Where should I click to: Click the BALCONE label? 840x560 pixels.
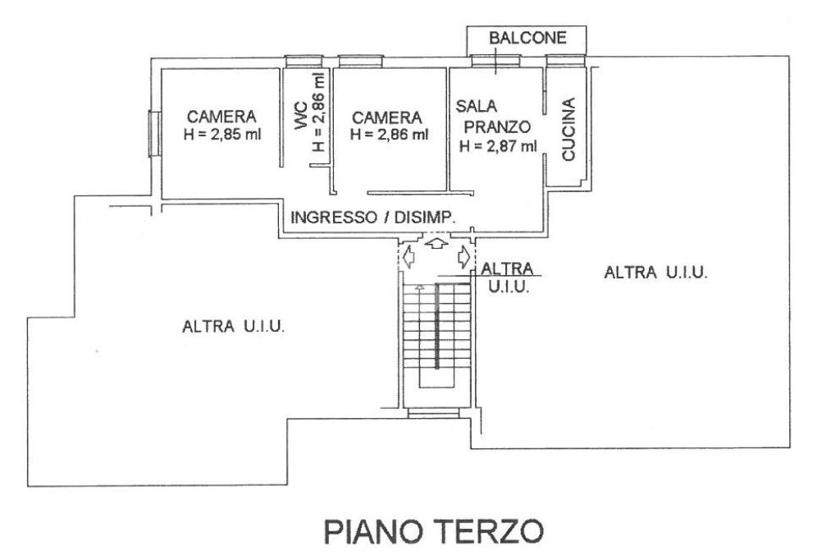(527, 38)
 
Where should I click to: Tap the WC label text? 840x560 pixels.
(301, 115)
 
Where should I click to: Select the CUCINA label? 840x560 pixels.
(568, 129)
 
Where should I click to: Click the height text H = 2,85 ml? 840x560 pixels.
(222, 134)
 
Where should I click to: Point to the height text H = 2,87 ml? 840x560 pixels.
(498, 145)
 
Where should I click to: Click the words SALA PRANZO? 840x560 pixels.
(493, 117)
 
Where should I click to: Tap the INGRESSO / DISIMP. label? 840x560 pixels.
(373, 218)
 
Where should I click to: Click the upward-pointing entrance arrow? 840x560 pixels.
(436, 242)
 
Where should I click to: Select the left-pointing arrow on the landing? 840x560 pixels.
(409, 257)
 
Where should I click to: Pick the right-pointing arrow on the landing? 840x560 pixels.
(464, 257)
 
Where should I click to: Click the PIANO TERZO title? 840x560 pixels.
(434, 531)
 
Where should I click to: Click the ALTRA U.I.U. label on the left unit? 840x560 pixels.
(233, 326)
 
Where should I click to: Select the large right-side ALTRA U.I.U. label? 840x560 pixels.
(655, 273)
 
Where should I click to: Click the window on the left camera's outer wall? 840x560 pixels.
(153, 134)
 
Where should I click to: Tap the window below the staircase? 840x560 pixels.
(433, 413)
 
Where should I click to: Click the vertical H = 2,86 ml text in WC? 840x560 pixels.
(319, 112)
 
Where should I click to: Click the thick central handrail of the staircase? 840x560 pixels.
(437, 326)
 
